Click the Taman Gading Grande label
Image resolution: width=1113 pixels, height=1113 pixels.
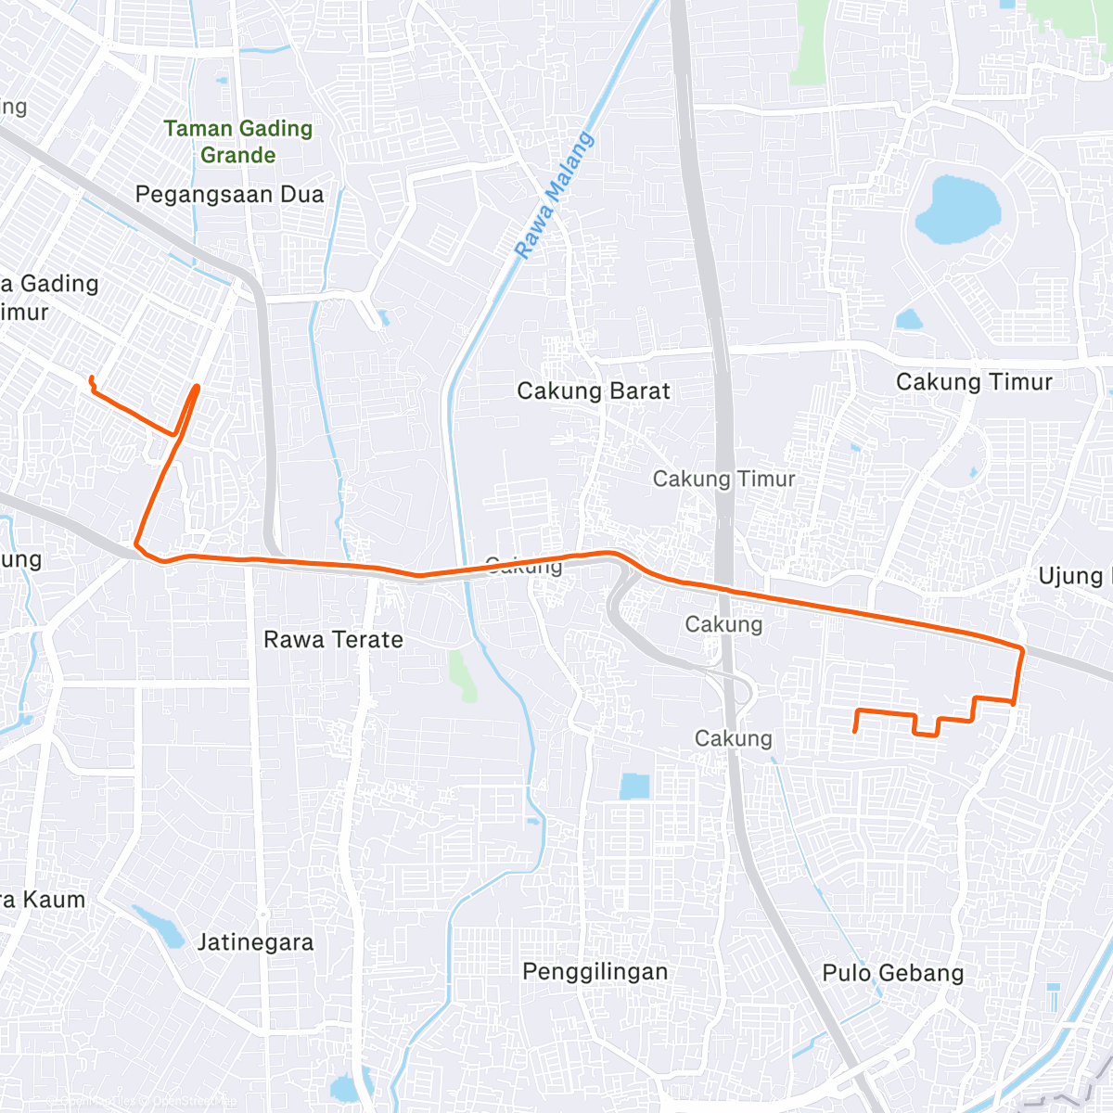click(238, 141)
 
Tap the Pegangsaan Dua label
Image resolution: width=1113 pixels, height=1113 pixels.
click(229, 195)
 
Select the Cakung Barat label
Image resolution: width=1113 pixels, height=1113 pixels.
click(593, 391)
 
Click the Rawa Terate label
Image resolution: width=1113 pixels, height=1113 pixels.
click(333, 640)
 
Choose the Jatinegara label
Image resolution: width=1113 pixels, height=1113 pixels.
click(255, 943)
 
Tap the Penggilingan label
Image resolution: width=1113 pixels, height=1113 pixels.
click(595, 972)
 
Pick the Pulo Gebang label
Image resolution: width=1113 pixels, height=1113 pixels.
click(892, 973)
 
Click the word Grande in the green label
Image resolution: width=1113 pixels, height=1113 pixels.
click(238, 155)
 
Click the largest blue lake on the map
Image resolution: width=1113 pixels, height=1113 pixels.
click(958, 210)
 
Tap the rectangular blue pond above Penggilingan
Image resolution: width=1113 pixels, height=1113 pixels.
click(634, 786)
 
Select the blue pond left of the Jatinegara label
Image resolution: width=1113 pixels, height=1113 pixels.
click(161, 927)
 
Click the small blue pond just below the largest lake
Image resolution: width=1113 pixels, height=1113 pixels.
click(909, 320)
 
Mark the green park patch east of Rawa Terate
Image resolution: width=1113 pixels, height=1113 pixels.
click(462, 674)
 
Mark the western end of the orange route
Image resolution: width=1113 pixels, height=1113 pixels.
click(90, 377)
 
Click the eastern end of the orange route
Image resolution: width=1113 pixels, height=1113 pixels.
click(854, 732)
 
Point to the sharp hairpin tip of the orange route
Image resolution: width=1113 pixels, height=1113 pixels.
click(197, 387)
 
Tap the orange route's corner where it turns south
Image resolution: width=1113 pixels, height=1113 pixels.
click(1022, 648)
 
